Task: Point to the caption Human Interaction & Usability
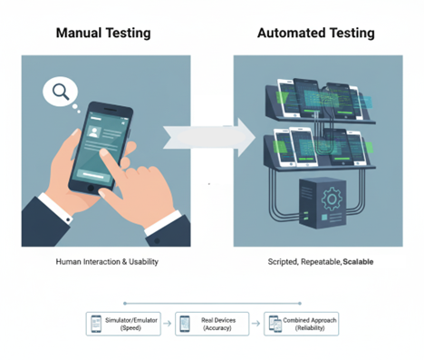tap(106, 261)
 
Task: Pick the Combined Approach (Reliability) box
tap(299, 324)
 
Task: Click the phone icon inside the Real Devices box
tap(184, 324)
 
